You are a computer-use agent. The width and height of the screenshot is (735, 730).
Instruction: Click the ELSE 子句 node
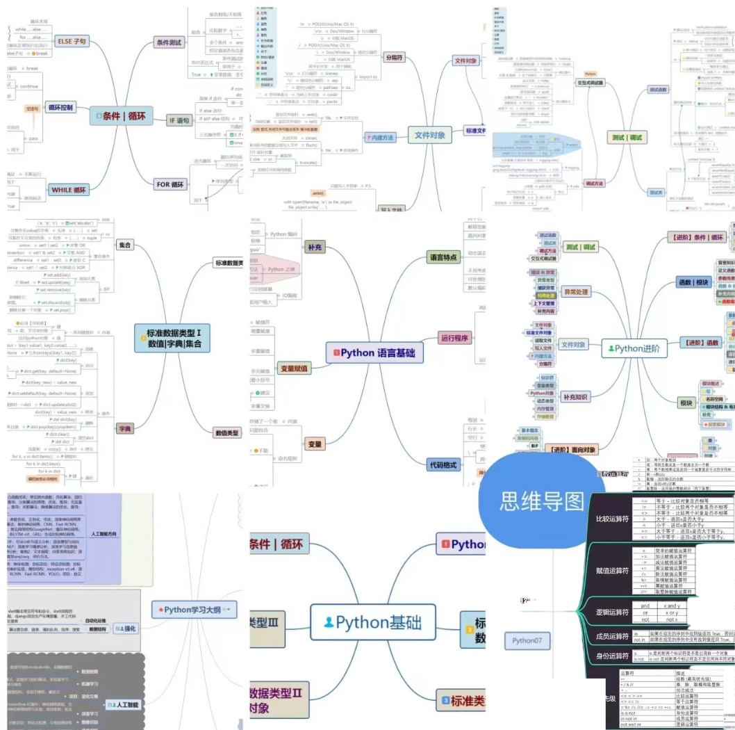(x=72, y=42)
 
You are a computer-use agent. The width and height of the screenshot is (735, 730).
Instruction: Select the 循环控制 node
(x=60, y=108)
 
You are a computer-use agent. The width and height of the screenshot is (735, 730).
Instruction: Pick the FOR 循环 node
(x=172, y=184)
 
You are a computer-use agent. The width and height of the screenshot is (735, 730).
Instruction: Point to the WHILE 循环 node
(x=69, y=190)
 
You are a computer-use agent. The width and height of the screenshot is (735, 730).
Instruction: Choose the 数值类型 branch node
(x=227, y=433)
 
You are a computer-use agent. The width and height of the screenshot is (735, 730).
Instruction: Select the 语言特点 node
(x=443, y=257)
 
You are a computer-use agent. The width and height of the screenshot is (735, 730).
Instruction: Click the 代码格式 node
(x=443, y=464)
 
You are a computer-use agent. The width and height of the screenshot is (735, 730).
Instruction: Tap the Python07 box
(x=527, y=640)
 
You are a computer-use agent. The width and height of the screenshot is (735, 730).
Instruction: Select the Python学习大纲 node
(x=194, y=610)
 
